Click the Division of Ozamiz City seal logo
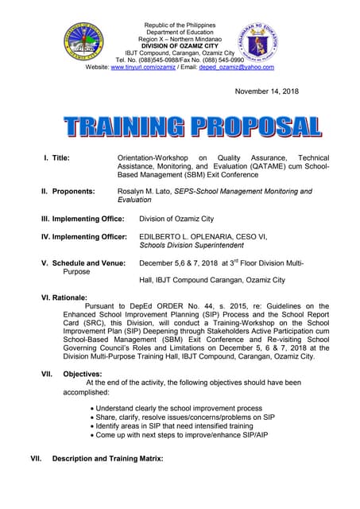(83, 43)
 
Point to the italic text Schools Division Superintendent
(196, 246)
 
